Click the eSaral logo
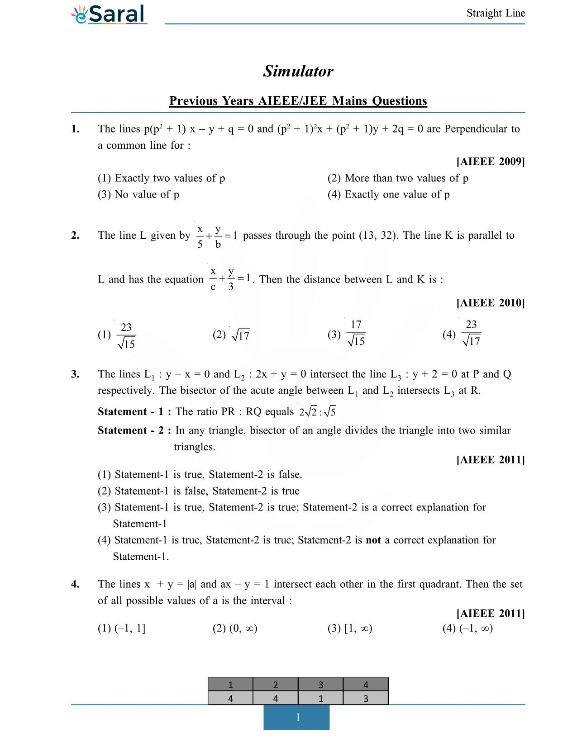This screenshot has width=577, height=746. pos(109,14)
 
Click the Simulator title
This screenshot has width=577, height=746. pos(298,71)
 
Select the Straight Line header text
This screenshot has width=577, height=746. pos(496,13)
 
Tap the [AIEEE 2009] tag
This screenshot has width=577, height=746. pos(491,161)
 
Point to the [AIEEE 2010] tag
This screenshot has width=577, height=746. pos(491,302)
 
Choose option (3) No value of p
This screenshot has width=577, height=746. pos(138,194)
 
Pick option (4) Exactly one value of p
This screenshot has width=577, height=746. pos(388,194)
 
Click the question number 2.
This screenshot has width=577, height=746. pos(75,235)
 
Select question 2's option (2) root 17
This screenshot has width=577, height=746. pos(231,335)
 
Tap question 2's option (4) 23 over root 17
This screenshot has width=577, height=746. pos(462,334)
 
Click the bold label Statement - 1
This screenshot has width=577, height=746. pos(134,411)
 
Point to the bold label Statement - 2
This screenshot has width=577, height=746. pos(134,430)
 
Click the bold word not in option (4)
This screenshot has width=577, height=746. pos(373,540)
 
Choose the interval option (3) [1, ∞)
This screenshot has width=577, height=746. pos(350,628)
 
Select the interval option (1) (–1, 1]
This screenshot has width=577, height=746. pos(121,628)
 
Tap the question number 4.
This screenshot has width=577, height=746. pos(75,584)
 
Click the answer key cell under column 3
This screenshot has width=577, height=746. pos(320,698)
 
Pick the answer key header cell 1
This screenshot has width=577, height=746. pos(230,685)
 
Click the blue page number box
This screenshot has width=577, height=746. pos(296,717)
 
